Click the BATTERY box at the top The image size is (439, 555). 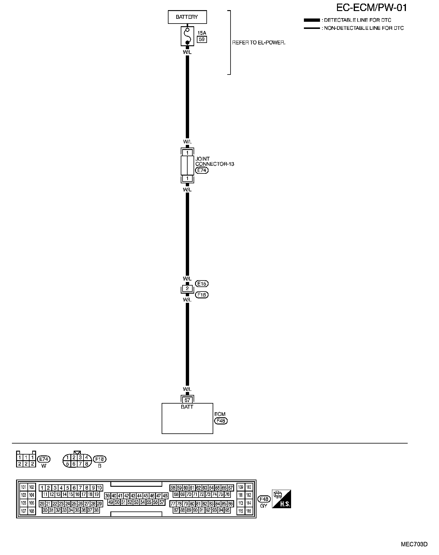[187, 17]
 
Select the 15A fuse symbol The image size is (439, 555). [187, 36]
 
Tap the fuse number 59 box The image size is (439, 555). [202, 39]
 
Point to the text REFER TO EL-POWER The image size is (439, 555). [259, 43]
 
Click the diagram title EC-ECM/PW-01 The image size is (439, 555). [371, 8]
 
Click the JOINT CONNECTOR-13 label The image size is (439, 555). [214, 161]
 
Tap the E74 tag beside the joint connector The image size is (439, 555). [202, 170]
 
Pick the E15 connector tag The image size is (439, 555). [202, 283]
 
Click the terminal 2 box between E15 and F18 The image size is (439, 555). [187, 289]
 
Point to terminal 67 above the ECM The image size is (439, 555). [187, 400]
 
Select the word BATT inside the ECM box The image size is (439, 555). [187, 407]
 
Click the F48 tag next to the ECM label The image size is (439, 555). [221, 421]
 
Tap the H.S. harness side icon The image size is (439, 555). [281, 499]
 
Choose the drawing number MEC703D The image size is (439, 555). [414, 544]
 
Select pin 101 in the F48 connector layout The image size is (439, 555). [24, 487]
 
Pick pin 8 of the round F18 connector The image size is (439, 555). [86, 464]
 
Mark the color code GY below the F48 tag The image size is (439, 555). [264, 506]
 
